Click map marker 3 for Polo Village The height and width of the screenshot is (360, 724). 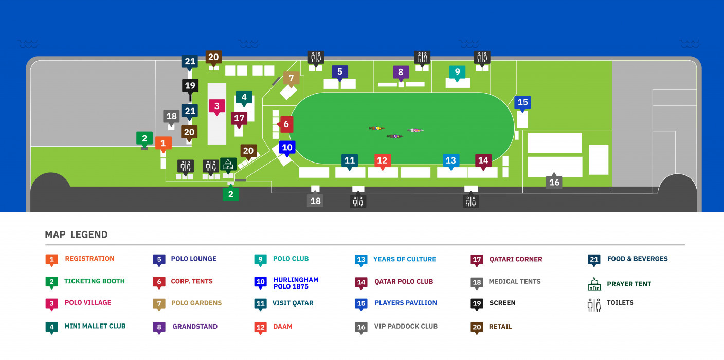click(217, 106)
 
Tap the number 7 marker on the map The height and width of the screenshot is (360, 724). click(291, 79)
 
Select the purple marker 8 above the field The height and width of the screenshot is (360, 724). click(401, 72)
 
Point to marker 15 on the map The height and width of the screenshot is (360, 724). click(522, 102)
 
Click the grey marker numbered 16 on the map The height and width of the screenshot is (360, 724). click(554, 183)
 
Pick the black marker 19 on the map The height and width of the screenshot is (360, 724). click(190, 85)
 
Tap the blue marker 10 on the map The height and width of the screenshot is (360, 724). click(287, 148)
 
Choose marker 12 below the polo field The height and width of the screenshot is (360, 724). click(382, 160)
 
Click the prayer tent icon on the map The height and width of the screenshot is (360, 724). click(228, 164)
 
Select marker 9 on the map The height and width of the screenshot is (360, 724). click(457, 72)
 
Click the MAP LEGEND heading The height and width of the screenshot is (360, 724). click(76, 235)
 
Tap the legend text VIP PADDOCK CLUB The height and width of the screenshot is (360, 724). click(406, 326)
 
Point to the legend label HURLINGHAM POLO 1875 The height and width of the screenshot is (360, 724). click(296, 283)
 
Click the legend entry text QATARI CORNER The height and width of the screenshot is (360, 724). click(516, 259)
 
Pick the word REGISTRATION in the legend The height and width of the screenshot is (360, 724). click(89, 259)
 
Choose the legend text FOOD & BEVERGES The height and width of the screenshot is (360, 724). click(638, 259)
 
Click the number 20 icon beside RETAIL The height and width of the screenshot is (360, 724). click(477, 327)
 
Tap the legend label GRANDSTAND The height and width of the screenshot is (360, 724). click(195, 326)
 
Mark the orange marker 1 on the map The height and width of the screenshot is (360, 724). click(163, 143)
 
